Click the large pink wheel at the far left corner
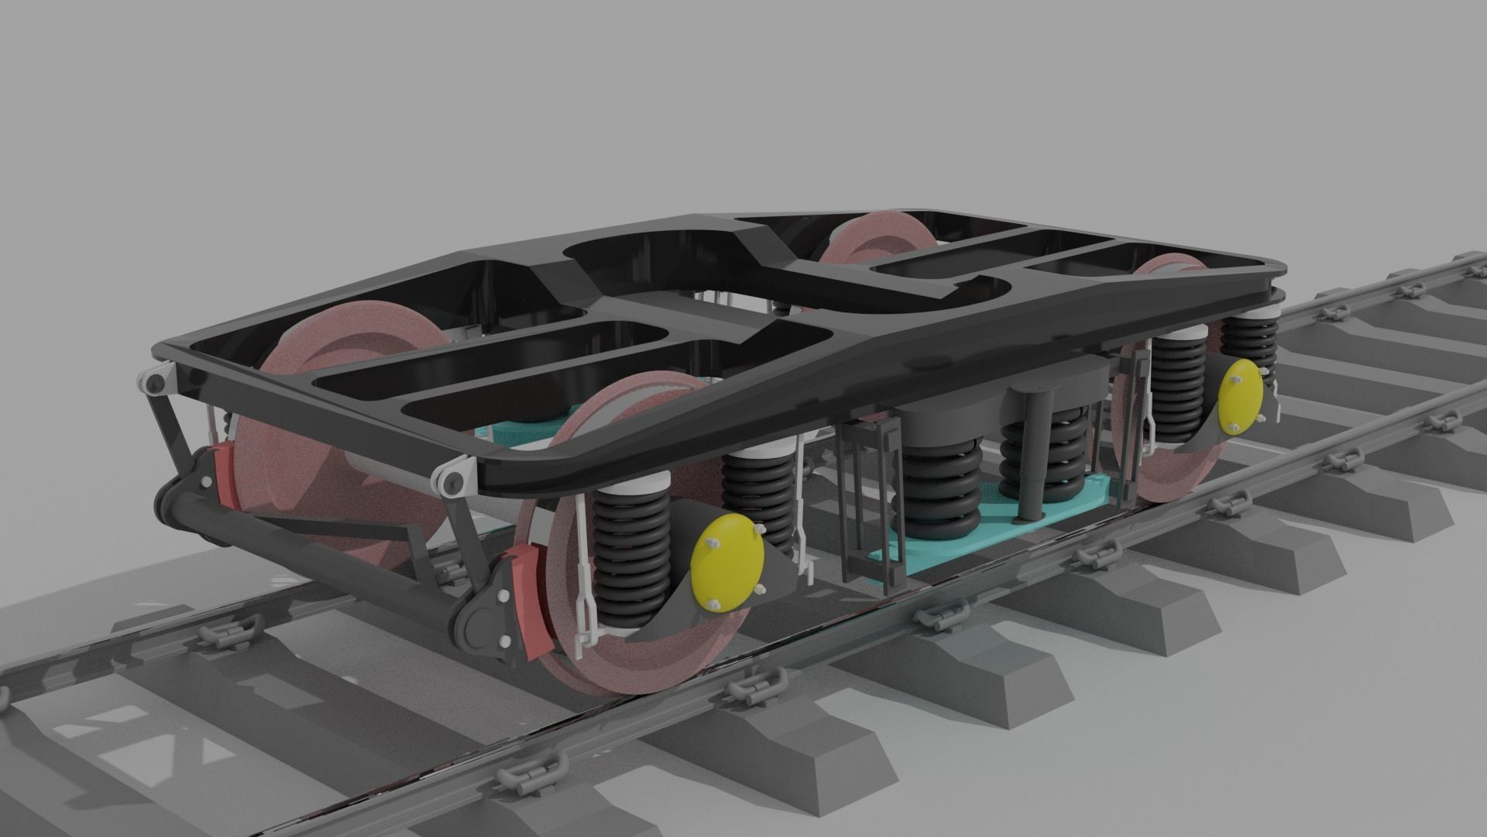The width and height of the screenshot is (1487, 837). click(341, 434)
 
